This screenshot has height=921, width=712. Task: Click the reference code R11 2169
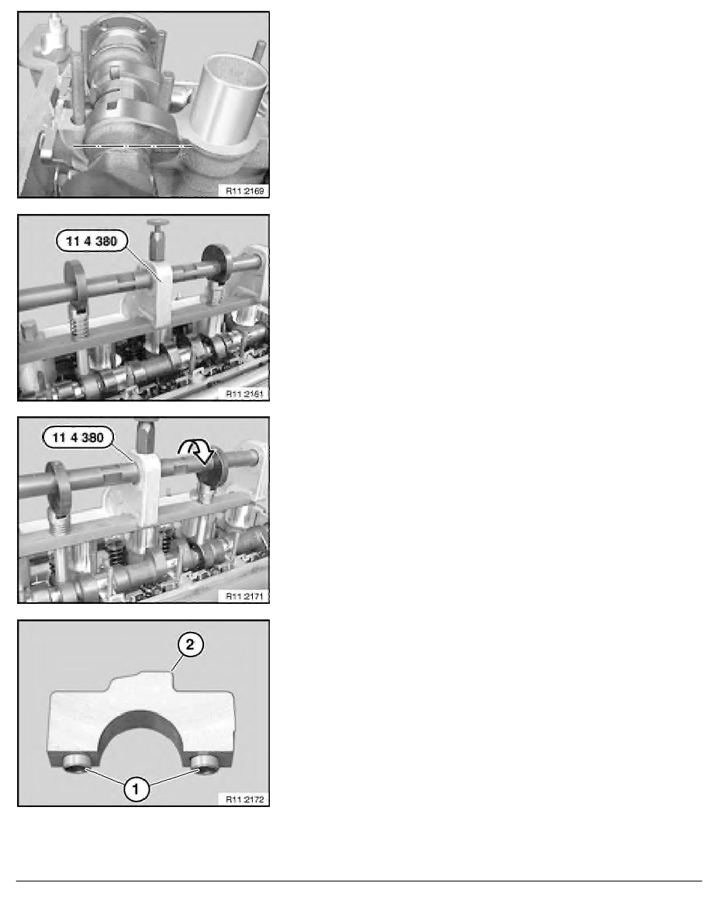point(245,190)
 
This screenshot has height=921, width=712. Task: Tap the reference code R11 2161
point(245,394)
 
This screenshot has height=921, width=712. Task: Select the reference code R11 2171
point(245,596)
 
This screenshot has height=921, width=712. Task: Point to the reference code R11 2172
point(245,799)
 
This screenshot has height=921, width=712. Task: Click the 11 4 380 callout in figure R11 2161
point(92,241)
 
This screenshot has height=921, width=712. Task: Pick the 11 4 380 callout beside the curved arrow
point(78,437)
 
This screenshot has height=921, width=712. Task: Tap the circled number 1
point(136,788)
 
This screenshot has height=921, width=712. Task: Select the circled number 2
point(190,644)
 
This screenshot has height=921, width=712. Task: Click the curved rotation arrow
point(198,452)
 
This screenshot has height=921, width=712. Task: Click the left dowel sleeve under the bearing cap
point(76,764)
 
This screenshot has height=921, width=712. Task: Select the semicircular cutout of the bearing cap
point(141,723)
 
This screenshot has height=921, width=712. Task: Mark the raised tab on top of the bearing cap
point(141,682)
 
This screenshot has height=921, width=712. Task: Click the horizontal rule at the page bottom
point(359,881)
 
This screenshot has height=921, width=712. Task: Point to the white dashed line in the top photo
point(132,145)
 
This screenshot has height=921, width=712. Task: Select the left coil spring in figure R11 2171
point(59,521)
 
